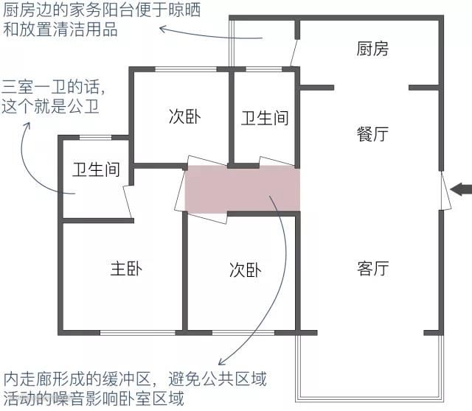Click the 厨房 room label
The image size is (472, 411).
point(372,49)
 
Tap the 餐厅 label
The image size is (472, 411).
point(372,134)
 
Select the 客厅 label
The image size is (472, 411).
point(373,269)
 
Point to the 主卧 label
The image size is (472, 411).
point(126,269)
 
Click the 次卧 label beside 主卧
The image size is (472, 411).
point(245,270)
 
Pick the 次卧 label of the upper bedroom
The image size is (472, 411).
point(184,116)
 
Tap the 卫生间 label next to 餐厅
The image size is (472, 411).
point(265,118)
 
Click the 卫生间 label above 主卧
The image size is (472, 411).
point(97,169)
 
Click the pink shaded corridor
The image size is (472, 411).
point(243,189)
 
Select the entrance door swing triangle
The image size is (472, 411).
point(445,190)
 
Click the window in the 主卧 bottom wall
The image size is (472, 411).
point(138,333)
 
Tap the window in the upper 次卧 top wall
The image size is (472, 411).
point(186,69)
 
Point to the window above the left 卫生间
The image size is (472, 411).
point(95,138)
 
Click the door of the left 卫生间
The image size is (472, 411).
point(128,202)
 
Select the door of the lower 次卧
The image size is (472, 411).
point(205,217)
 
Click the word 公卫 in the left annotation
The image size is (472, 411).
point(83,107)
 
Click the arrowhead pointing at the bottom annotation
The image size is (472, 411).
point(223,360)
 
